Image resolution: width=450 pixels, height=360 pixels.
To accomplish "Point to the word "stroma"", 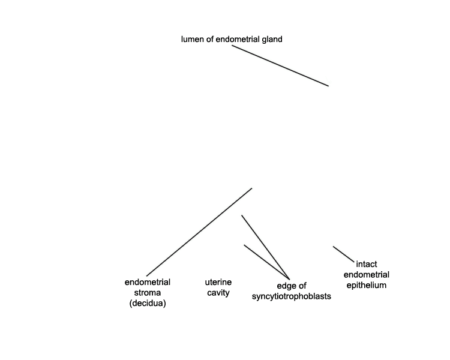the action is (148, 293).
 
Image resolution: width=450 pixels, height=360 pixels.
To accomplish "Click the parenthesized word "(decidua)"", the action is (148, 304).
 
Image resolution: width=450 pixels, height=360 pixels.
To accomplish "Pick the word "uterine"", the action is (218, 282).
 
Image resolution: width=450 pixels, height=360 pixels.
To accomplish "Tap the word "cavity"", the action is (218, 293).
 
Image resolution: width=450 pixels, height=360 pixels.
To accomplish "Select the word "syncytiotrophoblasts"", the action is (291, 296).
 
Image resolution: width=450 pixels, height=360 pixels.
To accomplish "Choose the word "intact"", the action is (367, 264).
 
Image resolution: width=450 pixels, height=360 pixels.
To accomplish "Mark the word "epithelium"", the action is (367, 286).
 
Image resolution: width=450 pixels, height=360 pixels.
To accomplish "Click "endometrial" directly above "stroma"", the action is (148, 282).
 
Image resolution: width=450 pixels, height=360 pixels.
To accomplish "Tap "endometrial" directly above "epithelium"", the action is (367, 275).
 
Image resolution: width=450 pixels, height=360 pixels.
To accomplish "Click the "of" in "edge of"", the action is (302, 286).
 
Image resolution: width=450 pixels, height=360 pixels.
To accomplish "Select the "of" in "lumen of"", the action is (210, 40).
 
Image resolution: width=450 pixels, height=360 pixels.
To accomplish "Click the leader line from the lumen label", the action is (280, 66).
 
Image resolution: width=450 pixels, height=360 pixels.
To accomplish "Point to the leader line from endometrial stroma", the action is (199, 232).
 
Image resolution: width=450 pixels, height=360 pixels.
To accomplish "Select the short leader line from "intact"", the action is (344, 254).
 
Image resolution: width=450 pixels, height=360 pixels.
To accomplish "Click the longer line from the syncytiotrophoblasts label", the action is (265, 247).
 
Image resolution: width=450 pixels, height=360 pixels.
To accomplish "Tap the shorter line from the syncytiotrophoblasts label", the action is (266, 262).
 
